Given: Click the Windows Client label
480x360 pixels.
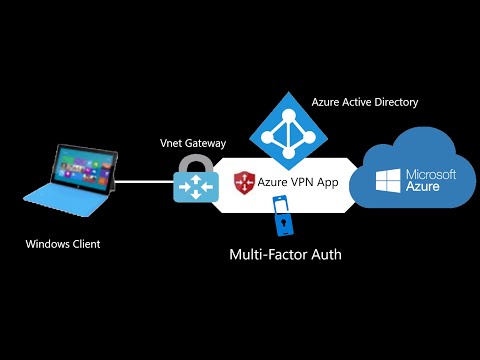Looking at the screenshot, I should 63,243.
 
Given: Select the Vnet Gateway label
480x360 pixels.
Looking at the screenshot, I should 192,143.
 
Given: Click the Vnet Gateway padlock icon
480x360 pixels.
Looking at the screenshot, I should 192,180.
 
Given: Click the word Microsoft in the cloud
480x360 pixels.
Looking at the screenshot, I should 429,174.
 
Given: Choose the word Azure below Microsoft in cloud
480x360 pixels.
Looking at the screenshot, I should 424,187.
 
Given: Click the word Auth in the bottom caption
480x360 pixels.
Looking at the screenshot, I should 325,255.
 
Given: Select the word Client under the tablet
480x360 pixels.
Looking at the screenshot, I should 84,243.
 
